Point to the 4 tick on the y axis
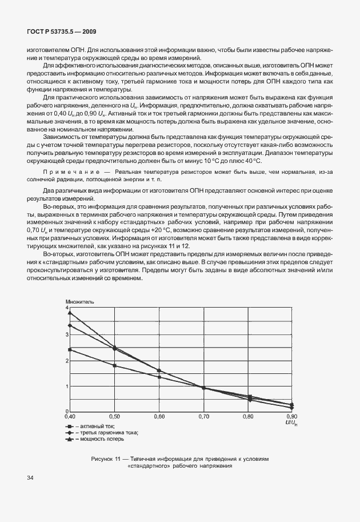tap(66, 308)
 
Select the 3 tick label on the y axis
tap(66, 334)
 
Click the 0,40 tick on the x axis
tap(70, 416)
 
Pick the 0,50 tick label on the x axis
tap(115, 416)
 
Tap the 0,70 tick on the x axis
tap(204, 416)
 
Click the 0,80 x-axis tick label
tap(248, 416)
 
